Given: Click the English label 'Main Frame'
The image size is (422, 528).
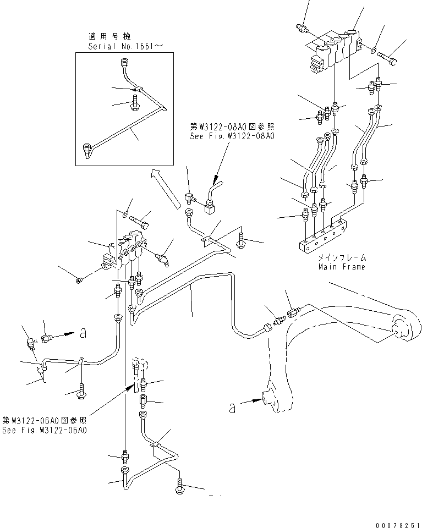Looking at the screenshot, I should point(341,267).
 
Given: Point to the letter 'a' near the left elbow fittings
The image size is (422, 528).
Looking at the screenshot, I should point(83,332).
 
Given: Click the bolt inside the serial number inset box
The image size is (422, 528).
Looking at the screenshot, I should point(134,103).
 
